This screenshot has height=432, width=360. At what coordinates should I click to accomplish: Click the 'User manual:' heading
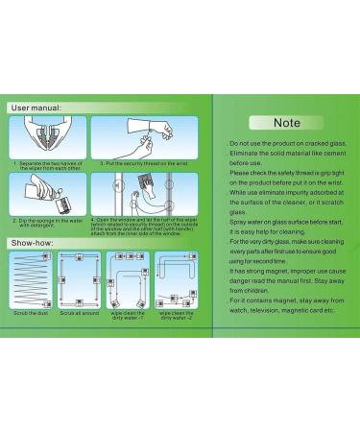pyautogui.click(x=37, y=108)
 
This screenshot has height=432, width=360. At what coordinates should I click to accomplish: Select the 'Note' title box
pyautogui.click(x=286, y=123)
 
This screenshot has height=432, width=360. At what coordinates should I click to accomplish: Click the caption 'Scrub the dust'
pyautogui.click(x=32, y=312)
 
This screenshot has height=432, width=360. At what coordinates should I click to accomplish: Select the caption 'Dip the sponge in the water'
pyautogui.click(x=50, y=220)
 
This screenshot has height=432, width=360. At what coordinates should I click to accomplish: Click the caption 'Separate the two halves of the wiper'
pyautogui.click(x=50, y=164)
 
